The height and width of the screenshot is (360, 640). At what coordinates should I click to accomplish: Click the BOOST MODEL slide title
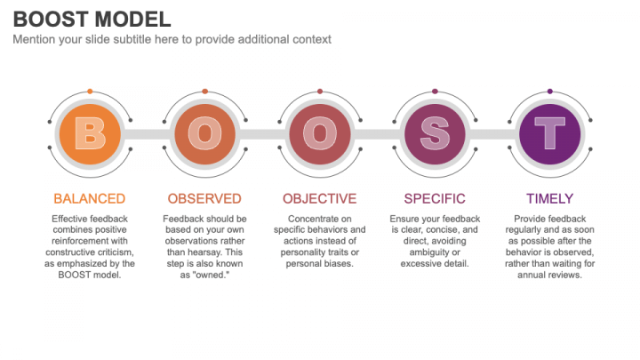pyautogui.click(x=92, y=20)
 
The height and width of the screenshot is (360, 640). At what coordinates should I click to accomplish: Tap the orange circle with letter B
pyautogui.click(x=90, y=134)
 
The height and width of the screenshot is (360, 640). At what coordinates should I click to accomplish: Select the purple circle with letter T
pyautogui.click(x=550, y=134)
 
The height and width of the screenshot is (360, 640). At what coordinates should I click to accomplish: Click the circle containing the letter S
pyautogui.click(x=435, y=134)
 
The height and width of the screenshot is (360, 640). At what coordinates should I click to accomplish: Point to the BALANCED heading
pyautogui.click(x=90, y=199)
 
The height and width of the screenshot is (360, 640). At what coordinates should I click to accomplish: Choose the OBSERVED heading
pyautogui.click(x=204, y=199)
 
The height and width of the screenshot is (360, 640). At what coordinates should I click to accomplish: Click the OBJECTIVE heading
pyautogui.click(x=320, y=199)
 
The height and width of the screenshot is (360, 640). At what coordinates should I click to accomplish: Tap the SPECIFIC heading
pyautogui.click(x=435, y=199)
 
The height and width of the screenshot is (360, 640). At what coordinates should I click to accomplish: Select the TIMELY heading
pyautogui.click(x=550, y=199)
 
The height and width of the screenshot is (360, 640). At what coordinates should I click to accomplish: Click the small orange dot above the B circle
pyautogui.click(x=90, y=92)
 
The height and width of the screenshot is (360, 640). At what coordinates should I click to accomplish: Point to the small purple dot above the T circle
pyautogui.click(x=550, y=92)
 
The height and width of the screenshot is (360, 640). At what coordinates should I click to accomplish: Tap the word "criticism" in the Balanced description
pyautogui.click(x=114, y=252)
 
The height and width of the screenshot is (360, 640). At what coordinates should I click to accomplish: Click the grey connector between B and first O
pyautogui.click(x=148, y=134)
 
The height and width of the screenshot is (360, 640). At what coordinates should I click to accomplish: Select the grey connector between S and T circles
pyautogui.click(x=492, y=134)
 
